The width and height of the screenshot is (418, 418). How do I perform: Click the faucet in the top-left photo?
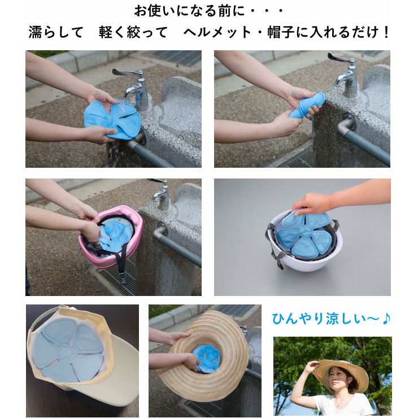coord(134,89)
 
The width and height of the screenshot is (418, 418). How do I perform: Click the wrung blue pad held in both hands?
coord(307,105)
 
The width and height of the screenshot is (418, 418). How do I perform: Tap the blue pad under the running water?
coord(112,120)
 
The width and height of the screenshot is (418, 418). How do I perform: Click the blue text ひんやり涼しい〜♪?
coord(331,319)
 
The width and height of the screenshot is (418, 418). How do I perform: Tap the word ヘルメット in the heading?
coord(217,33)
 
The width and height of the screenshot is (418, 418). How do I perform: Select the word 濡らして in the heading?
coord(56,33)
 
